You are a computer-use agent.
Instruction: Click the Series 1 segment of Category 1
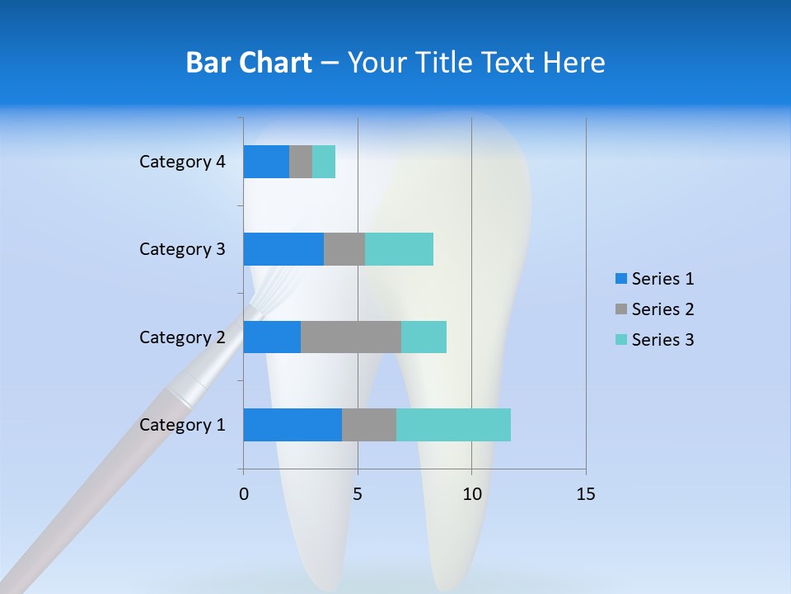coord(293,425)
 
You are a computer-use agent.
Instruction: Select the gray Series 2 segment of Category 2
coord(351,337)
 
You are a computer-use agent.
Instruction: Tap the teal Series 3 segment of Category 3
coord(399,249)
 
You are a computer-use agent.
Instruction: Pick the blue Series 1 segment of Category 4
coord(266,162)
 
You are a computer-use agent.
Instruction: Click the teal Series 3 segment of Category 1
coord(453,425)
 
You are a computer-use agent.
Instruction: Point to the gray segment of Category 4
coord(301,162)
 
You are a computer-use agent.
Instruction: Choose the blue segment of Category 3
coord(283,249)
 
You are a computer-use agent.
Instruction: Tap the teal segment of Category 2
coord(424,337)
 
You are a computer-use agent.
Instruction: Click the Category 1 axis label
coord(182,425)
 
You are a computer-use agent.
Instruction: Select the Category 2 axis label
coord(182,337)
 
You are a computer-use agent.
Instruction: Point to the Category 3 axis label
coord(182,249)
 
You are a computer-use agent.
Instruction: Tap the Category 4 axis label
coord(182,162)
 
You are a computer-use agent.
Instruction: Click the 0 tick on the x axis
coord(244,494)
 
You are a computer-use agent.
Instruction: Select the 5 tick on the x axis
coord(358,494)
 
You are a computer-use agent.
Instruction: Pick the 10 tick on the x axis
coord(471,494)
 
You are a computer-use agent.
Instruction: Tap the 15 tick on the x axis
coord(585,494)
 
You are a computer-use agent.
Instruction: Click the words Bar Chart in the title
coord(249,63)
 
